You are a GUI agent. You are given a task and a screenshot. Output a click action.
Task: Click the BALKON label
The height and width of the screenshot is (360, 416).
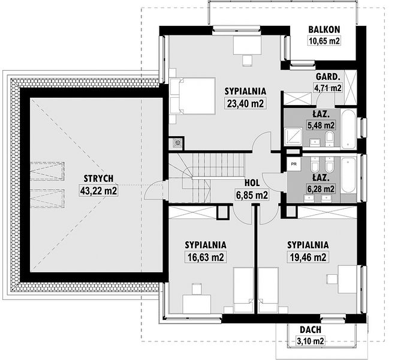[324, 29]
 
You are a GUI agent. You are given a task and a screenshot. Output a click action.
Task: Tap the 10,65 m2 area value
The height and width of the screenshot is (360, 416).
[324, 41]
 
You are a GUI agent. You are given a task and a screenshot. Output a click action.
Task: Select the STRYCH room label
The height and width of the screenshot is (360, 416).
[98, 178]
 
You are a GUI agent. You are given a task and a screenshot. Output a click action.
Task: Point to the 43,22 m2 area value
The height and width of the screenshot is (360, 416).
[98, 190]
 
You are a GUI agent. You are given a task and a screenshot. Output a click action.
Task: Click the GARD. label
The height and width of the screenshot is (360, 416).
[328, 77]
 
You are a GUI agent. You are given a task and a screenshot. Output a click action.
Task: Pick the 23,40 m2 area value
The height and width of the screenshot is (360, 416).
[245, 103]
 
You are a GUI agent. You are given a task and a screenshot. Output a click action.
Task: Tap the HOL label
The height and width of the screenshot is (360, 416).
[252, 182]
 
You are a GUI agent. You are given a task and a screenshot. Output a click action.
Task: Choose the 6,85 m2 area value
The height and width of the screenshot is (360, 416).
[252, 195]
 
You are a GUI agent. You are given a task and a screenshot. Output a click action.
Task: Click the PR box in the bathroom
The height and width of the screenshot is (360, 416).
[294, 164]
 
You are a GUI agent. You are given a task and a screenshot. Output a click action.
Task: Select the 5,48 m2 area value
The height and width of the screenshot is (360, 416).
[321, 125]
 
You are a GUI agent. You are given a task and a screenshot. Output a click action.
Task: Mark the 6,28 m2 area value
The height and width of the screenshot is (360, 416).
[321, 189]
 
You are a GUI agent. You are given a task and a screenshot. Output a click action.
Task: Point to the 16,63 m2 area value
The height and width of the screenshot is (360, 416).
[206, 257]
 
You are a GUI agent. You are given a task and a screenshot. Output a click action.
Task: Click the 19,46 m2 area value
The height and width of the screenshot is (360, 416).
[308, 257]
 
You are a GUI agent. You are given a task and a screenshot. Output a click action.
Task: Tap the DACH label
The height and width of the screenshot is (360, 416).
[311, 329]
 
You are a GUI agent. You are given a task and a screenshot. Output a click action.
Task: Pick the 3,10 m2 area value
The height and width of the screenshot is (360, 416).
[311, 341]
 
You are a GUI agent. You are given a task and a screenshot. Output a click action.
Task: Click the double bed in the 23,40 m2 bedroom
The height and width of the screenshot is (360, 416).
[192, 96]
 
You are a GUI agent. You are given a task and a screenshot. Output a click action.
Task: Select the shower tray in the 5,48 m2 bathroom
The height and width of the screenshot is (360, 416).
[293, 136]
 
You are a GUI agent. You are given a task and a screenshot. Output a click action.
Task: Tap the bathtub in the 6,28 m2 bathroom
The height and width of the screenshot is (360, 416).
[348, 175]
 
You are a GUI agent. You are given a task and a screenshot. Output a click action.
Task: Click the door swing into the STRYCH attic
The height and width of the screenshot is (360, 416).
[153, 190]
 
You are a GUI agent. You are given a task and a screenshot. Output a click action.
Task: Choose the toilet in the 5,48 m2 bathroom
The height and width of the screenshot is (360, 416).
[330, 138]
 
